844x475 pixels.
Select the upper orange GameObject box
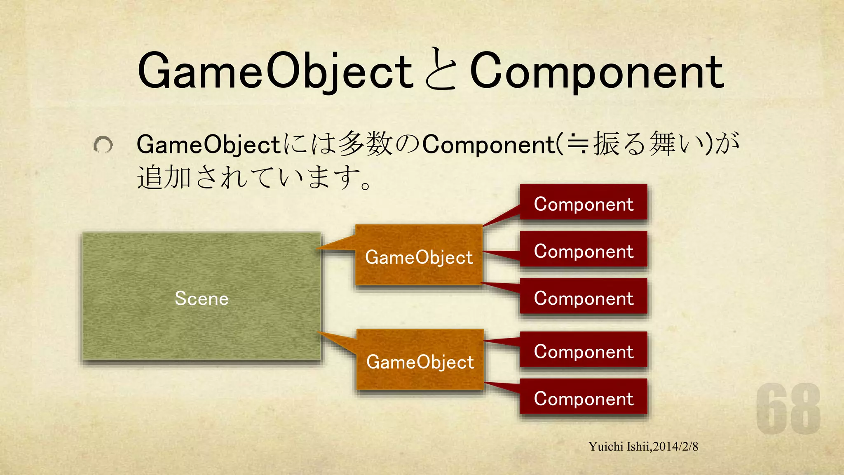[x=419, y=256]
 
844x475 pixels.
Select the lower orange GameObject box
[x=420, y=360]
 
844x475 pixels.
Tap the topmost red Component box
[x=583, y=203]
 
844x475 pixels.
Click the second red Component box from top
[x=583, y=250]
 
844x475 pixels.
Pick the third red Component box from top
[x=583, y=297]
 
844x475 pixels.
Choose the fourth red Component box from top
[x=583, y=350]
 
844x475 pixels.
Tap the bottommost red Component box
[x=583, y=397]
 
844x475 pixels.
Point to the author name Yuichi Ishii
[x=619, y=447]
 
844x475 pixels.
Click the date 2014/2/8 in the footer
[x=676, y=447]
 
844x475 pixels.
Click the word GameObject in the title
[x=275, y=71]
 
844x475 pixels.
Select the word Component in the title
[x=596, y=71]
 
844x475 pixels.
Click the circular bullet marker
[x=103, y=145]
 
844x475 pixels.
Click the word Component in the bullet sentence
[x=489, y=145]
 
